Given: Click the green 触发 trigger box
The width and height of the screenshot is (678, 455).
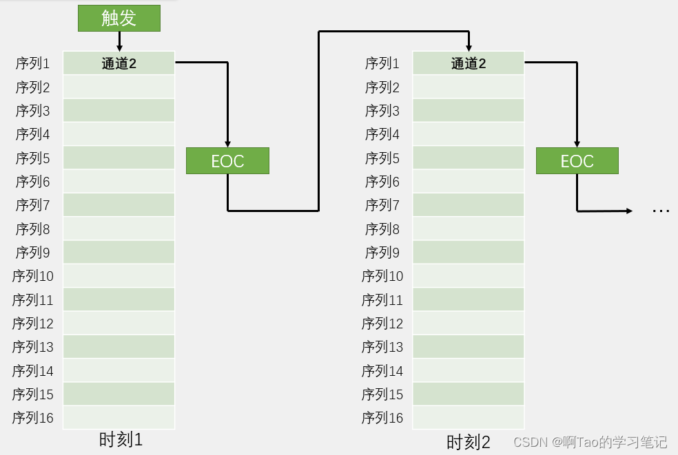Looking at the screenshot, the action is point(119,18).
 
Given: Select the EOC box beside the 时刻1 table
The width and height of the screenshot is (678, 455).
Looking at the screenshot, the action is point(227,161).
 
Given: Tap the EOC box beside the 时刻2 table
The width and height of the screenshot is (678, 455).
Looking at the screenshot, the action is point(577,161).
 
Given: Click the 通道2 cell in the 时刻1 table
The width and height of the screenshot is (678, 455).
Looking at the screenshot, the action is point(119,63).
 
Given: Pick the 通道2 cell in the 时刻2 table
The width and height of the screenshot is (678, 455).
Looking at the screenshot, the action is point(468,63).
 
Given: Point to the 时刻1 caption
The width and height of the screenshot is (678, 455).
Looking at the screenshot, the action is point(121,440).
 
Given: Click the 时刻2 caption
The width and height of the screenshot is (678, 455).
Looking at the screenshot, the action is point(469,442).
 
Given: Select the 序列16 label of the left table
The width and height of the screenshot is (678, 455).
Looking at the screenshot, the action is point(32,418).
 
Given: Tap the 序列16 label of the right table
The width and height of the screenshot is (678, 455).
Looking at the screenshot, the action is point(382,418).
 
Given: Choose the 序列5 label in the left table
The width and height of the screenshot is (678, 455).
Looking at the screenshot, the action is point(32,158).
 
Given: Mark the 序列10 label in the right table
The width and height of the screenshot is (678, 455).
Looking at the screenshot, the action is point(382,276).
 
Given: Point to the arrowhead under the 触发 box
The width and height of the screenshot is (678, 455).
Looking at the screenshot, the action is point(119,47).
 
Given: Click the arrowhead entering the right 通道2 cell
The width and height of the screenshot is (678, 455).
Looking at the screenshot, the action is point(469,47).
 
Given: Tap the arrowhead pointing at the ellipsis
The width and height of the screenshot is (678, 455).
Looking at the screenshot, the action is point(628,211).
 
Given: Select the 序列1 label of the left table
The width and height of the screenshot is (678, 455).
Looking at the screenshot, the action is point(32,64).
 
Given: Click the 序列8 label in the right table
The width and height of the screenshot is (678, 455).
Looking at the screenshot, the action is point(382,229).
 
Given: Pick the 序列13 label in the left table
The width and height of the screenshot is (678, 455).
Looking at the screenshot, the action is point(32,347).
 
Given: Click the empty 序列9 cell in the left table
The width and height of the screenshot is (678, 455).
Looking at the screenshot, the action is point(119,252).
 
